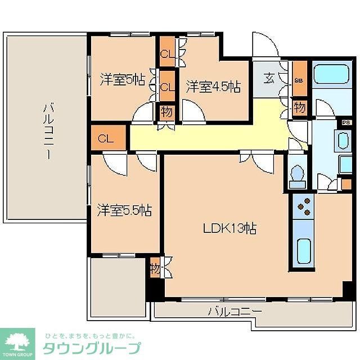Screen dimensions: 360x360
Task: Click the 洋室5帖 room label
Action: tap(122, 80)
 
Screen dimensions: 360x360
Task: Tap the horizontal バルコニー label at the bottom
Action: tap(235, 310)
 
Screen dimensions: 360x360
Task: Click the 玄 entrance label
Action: tap(270, 78)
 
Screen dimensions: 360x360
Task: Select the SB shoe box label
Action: tap(299, 80)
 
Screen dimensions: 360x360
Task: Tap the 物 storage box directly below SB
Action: tap(299, 107)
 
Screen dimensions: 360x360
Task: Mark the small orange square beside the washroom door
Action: tap(346, 184)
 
